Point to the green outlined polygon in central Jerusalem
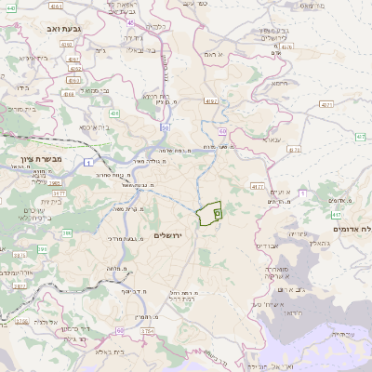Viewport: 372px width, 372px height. (209, 214)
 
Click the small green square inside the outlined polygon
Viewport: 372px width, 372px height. (218, 214)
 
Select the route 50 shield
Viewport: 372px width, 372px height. (165, 126)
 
